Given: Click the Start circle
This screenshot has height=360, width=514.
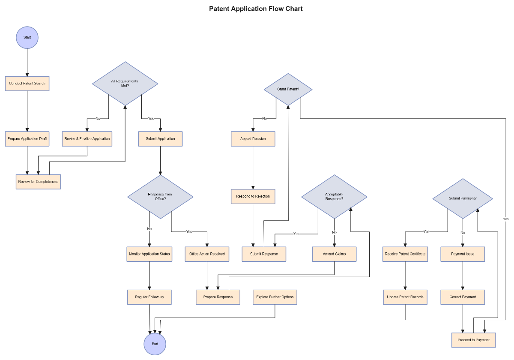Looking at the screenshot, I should coord(27,37).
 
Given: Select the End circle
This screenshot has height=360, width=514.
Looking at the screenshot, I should coord(155,344).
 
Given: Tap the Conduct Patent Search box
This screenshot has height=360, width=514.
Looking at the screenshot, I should coord(27,83).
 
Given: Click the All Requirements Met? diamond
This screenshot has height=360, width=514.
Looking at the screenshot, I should coord(125,83).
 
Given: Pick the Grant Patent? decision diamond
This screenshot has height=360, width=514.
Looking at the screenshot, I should coord(288,89).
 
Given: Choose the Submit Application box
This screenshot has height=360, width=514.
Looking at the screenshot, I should coord(160,139).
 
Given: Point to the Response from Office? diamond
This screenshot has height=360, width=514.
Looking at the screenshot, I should coord(160,197).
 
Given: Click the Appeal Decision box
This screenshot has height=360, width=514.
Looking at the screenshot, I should coord(253,139).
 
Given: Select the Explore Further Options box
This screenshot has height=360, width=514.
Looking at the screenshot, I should coord(275,297).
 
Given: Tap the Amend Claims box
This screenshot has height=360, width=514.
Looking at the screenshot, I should coord(334,254).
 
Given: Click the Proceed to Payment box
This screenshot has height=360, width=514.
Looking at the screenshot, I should coord(474,340).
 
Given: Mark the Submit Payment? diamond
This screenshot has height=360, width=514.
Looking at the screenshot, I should coord(463,198).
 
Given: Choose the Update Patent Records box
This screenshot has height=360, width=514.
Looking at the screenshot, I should coord(405,297).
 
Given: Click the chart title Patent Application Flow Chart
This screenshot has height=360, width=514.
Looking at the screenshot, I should coord(256,9).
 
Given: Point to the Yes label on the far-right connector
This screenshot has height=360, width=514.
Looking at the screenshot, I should coord(505,219).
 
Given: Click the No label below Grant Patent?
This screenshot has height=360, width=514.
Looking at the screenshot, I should coord(264,118).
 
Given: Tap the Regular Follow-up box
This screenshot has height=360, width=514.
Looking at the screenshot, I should coord(149,297).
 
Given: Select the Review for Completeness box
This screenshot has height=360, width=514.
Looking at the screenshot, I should coord(38,182).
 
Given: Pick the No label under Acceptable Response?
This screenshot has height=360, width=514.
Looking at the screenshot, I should coord(334,233).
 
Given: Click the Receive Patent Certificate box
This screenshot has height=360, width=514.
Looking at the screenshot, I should coord(405,254).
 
